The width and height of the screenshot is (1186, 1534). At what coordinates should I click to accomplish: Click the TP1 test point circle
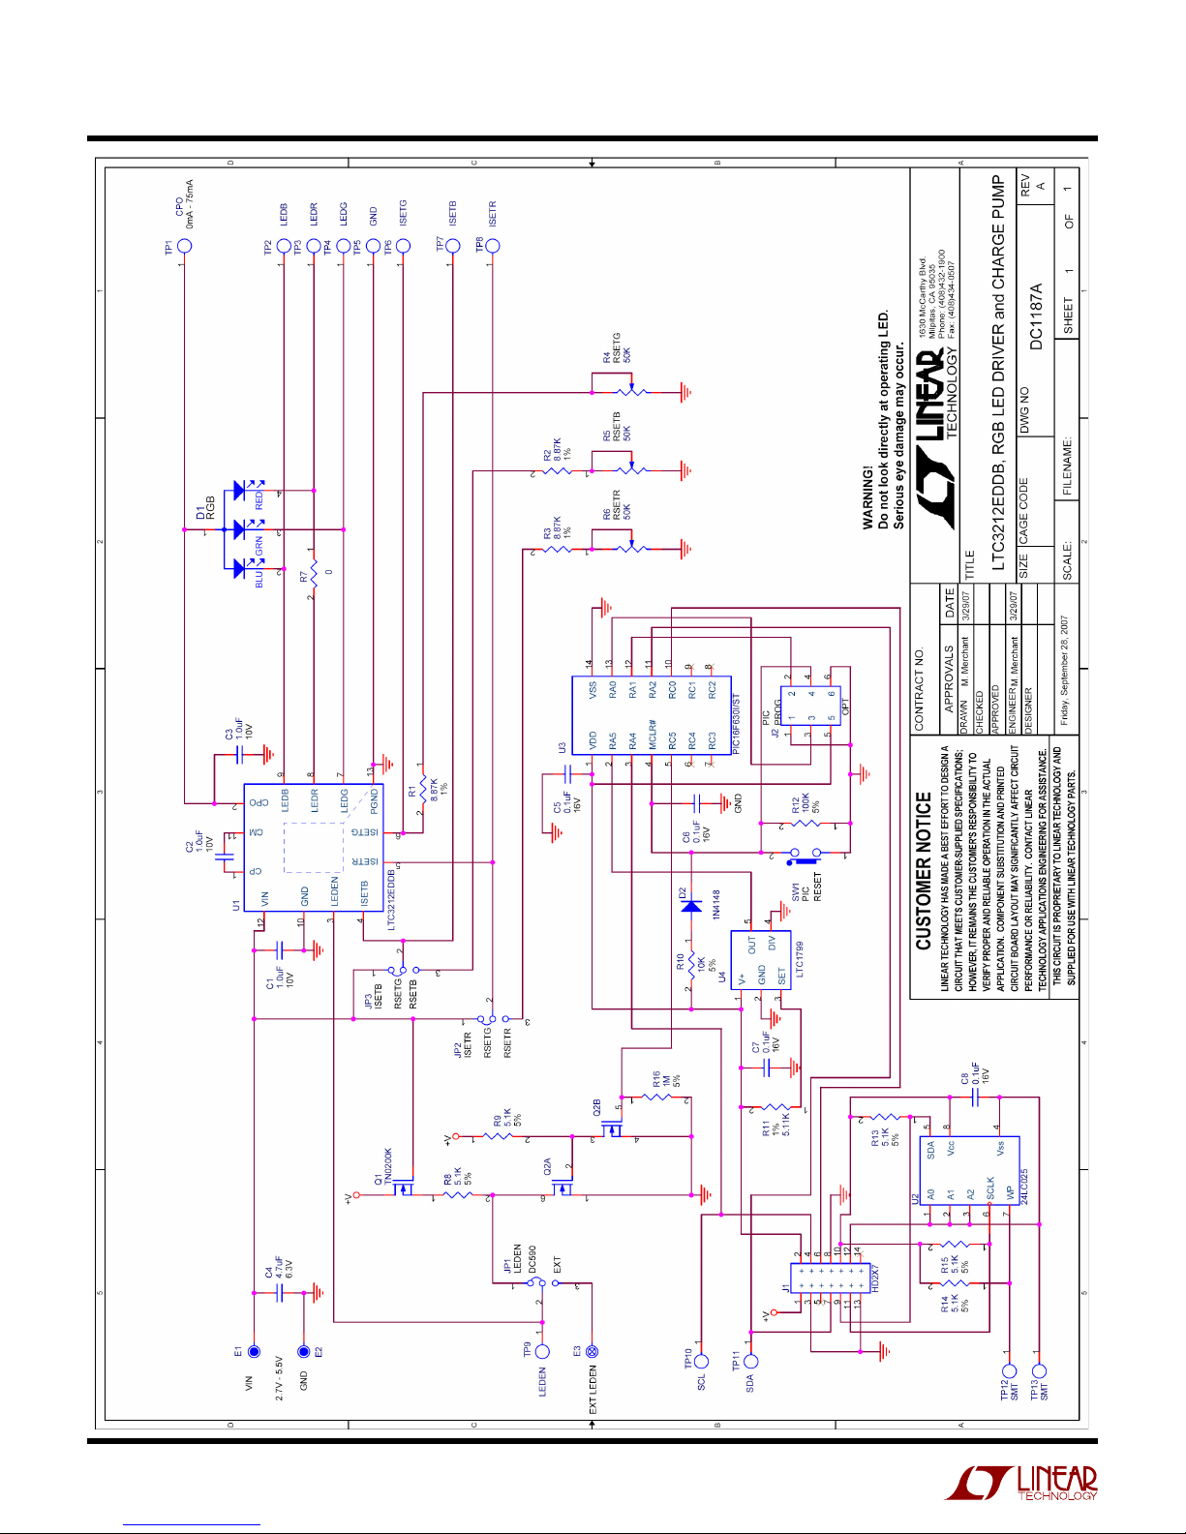coord(184,245)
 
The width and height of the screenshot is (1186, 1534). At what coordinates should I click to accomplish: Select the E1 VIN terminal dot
coord(254,1351)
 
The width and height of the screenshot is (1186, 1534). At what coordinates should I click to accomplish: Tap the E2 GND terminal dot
coord(303,1351)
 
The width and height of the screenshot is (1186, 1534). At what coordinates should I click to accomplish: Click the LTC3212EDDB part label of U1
coord(391,899)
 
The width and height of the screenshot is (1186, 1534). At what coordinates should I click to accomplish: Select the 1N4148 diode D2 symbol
coord(690,906)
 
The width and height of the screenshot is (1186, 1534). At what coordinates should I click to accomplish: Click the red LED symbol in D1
coord(239,492)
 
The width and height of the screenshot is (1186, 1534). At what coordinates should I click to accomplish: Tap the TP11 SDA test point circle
coord(750,1361)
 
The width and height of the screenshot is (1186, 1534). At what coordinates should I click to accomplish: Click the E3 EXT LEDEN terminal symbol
coord(593,1351)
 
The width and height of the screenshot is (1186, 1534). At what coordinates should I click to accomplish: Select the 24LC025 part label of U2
coord(1024,1186)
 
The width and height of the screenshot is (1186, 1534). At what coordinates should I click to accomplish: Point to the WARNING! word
coord(867,497)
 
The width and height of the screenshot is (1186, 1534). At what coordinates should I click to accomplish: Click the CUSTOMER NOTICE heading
coord(924,871)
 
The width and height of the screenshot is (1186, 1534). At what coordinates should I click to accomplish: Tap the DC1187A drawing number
coord(1036,316)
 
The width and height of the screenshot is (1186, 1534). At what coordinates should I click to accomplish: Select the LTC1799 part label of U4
coord(799,958)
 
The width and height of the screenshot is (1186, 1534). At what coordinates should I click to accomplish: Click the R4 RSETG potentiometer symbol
coord(631,392)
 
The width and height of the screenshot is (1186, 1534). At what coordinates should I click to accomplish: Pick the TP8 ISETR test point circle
coord(492,245)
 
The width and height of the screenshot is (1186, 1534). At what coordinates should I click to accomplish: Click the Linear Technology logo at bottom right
coord(1021,1483)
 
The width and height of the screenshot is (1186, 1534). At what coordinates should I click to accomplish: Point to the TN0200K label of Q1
coord(388,1166)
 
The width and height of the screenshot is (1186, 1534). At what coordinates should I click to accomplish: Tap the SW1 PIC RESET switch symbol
coord(804,855)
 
